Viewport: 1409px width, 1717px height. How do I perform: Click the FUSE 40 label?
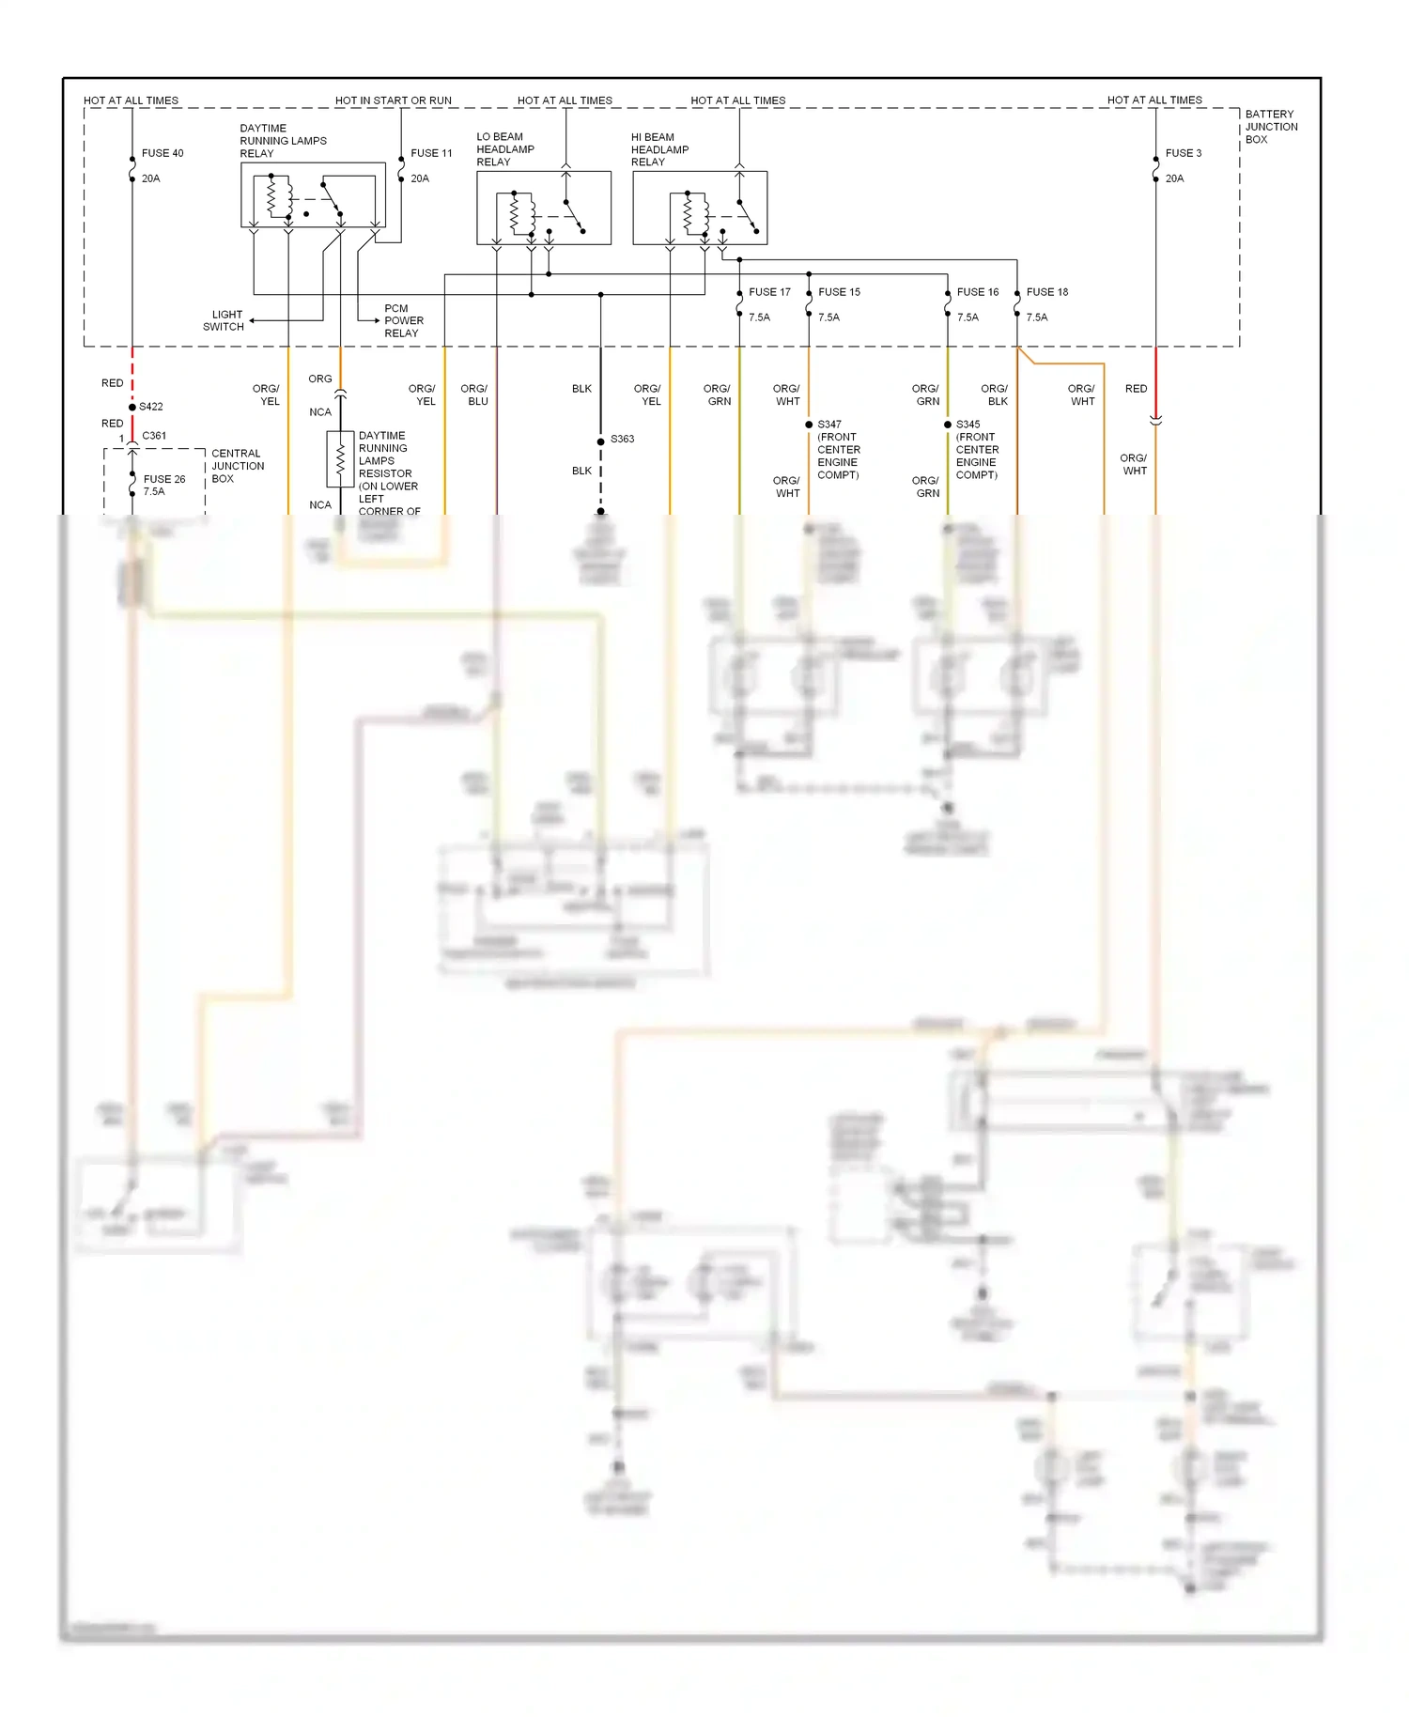pyautogui.click(x=163, y=153)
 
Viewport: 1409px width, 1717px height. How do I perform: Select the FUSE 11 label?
pyautogui.click(x=431, y=153)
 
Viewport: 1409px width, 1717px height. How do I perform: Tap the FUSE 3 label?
pyautogui.click(x=1183, y=153)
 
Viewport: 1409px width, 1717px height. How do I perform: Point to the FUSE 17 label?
pyautogui.click(x=769, y=292)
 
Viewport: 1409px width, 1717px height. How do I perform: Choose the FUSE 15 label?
pyautogui.click(x=839, y=292)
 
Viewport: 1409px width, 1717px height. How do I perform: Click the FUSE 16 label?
pyautogui.click(x=978, y=292)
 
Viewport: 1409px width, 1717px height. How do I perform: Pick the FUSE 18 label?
pyautogui.click(x=1047, y=292)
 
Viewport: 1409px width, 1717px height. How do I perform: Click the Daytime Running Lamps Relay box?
pyautogui.click(x=313, y=195)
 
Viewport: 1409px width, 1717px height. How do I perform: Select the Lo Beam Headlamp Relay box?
pyautogui.click(x=544, y=208)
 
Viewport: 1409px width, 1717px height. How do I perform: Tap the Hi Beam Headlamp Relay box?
pyautogui.click(x=700, y=208)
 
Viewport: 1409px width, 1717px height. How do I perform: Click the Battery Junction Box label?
pyautogui.click(x=1271, y=127)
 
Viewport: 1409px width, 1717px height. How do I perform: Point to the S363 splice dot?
pyautogui.click(x=601, y=441)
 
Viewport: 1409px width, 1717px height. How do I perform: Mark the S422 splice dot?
pyautogui.click(x=132, y=407)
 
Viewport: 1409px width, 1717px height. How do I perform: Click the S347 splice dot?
pyautogui.click(x=809, y=425)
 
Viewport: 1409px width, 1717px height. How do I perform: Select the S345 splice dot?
pyautogui.click(x=948, y=425)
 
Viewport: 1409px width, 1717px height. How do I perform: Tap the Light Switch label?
pyautogui.click(x=225, y=320)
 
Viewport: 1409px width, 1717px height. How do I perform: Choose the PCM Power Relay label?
pyautogui.click(x=403, y=320)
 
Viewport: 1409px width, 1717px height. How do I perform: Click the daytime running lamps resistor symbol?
pyautogui.click(x=340, y=458)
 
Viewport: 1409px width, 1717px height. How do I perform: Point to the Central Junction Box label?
pyautogui.click(x=237, y=466)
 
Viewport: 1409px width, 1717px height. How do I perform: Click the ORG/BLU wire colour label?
pyautogui.click(x=474, y=394)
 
